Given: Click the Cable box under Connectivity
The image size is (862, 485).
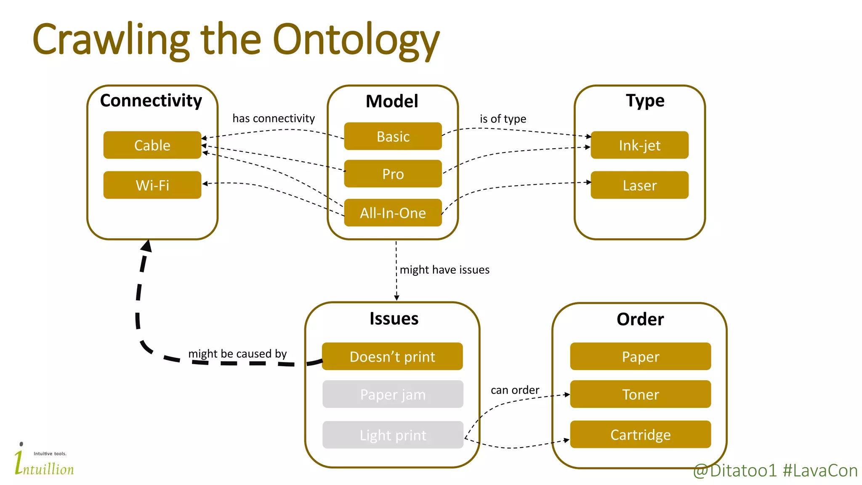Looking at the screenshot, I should (152, 145).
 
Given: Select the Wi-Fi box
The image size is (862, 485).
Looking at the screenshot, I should (152, 185).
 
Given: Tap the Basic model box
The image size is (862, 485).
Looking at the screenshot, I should (393, 136).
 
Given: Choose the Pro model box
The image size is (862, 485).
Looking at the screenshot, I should (393, 174).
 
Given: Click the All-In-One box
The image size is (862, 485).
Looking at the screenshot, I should (393, 213).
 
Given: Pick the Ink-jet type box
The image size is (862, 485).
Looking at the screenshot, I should (639, 145).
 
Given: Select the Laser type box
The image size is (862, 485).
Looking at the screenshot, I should (639, 185).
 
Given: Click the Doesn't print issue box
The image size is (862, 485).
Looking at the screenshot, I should (392, 357).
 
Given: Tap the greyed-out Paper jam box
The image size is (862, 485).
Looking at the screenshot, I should (393, 394).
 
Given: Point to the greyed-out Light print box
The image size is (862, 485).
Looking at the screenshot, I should (393, 435).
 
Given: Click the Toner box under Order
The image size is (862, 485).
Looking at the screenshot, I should (640, 394).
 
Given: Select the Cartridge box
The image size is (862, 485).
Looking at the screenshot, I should (640, 434).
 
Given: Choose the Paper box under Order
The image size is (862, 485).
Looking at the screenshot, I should (640, 357).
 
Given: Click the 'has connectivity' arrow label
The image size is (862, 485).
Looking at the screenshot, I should (274, 118).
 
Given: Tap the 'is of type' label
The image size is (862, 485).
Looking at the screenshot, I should (503, 119).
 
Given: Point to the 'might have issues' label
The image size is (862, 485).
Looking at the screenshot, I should (444, 269).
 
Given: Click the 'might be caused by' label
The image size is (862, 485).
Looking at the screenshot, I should (237, 354).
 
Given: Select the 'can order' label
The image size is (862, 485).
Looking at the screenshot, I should (515, 390).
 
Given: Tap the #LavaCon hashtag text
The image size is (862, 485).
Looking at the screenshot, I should (820, 471).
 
